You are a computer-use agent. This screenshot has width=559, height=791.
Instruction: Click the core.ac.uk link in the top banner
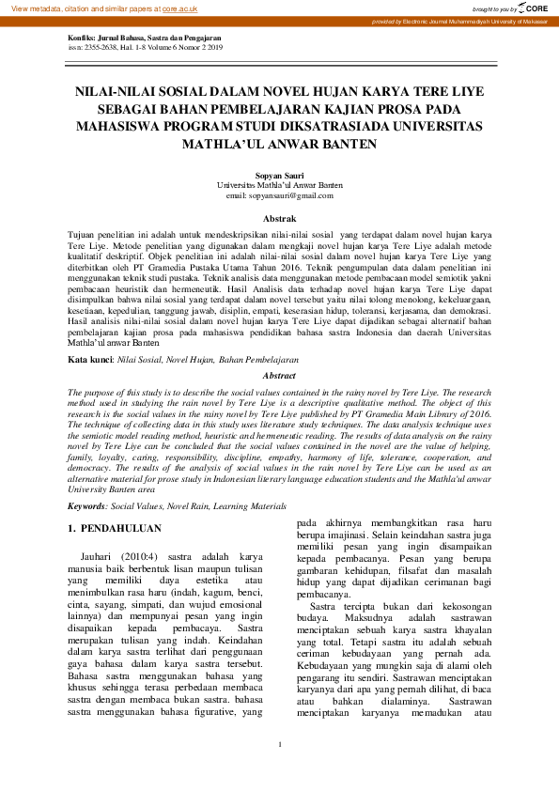[179, 8]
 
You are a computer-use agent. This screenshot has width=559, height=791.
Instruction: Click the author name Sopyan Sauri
[279, 176]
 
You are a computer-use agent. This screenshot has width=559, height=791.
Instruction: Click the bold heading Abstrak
[279, 218]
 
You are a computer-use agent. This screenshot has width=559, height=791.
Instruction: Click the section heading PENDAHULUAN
[122, 529]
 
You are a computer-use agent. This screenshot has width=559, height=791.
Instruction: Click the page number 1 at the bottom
[280, 771]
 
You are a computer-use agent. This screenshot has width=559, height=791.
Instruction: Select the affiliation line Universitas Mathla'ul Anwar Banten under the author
[279, 186]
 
